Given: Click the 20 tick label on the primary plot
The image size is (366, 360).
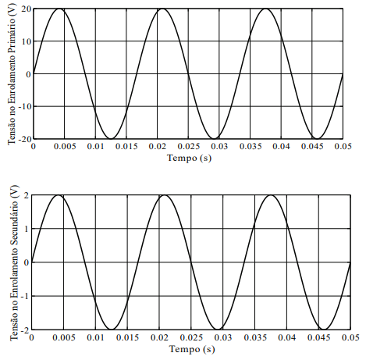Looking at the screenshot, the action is (27, 9).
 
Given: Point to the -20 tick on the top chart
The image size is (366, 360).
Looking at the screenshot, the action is (25, 139).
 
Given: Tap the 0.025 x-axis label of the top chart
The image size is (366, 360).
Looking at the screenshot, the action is (189, 146).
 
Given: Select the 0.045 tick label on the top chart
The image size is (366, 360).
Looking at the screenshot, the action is (312, 146).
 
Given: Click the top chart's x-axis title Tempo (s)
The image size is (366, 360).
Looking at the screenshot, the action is (189, 159).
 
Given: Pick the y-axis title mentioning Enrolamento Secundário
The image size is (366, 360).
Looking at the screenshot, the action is (14, 263).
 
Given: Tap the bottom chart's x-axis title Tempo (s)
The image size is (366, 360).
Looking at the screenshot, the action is (192, 349).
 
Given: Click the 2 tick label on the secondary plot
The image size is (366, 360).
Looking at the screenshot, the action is (27, 195).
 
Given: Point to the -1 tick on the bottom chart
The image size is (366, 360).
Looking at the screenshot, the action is (25, 296).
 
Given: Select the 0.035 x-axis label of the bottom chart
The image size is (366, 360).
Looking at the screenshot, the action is (255, 337).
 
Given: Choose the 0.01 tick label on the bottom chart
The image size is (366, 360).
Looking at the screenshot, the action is (95, 337).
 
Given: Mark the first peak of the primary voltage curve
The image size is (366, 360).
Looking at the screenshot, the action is (59, 9).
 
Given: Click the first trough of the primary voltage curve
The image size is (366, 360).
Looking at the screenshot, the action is (111, 138).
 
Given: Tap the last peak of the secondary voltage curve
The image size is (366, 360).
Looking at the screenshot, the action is (271, 195).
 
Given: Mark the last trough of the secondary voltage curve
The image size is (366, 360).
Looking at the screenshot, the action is (324, 330).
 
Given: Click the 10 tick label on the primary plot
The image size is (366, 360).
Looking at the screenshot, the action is (27, 41).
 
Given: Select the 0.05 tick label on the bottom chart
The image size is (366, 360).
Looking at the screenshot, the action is (350, 337).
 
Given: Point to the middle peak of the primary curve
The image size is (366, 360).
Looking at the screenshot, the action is (162, 9).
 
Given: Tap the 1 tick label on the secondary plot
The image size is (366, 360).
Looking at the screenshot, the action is (27, 229).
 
